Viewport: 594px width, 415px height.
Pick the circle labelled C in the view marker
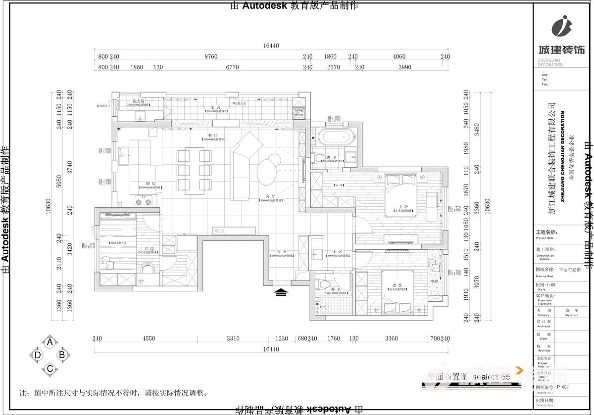pyautogui.click(x=49, y=369)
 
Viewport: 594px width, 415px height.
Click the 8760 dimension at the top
pyautogui.click(x=211, y=57)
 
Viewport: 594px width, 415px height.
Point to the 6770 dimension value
pyautogui.click(x=232, y=67)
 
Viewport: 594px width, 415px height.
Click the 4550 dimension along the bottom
pyautogui.click(x=148, y=339)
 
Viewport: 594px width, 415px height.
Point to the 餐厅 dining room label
pyautogui.click(x=213, y=135)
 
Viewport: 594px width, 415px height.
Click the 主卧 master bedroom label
pyautogui.click(x=403, y=207)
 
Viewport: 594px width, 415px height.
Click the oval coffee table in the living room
pyautogui.click(x=268, y=170)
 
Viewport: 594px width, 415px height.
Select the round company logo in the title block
pyautogui.click(x=561, y=26)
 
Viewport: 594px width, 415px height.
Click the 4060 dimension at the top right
pyautogui.click(x=399, y=57)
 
